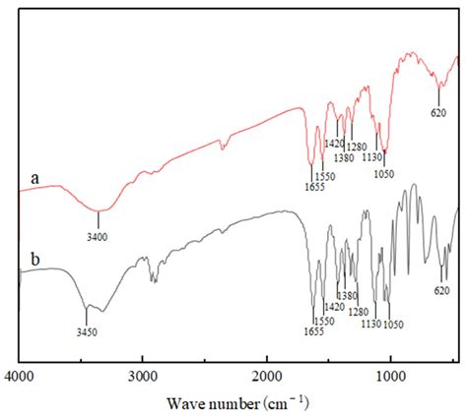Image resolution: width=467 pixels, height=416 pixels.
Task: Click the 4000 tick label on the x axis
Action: click(x=21, y=375)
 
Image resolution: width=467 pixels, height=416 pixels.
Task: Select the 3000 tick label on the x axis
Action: click(x=144, y=375)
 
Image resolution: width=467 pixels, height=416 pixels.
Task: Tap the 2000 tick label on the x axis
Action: click(x=267, y=375)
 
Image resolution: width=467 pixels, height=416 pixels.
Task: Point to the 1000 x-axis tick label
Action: click(x=391, y=375)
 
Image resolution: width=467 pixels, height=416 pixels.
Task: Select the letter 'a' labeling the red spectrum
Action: click(x=35, y=178)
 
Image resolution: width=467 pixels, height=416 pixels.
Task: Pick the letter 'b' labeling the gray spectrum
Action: click(x=35, y=261)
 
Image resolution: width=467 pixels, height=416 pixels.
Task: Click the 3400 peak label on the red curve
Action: click(x=97, y=236)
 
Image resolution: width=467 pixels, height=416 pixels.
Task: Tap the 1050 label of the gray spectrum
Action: click(x=393, y=324)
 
